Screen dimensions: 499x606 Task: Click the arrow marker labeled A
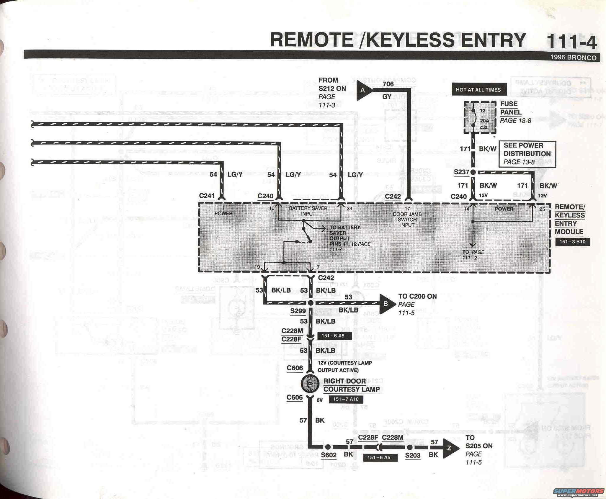364,90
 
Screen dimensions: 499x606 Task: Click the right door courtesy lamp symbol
310,383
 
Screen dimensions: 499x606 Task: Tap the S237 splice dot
473,172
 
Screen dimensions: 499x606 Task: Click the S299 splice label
298,311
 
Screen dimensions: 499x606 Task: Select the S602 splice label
329,455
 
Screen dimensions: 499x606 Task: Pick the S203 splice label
413,455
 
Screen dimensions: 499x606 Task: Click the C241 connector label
207,196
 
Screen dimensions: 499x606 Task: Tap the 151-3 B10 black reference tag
572,242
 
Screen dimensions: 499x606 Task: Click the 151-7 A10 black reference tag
346,399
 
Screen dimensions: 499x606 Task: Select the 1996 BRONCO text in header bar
573,58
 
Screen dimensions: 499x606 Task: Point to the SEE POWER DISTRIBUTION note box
527,154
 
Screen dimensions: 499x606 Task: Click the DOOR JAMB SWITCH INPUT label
407,219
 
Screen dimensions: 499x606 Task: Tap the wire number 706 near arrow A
388,84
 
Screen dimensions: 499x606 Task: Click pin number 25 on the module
542,209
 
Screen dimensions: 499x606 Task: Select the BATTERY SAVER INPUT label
308,211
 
